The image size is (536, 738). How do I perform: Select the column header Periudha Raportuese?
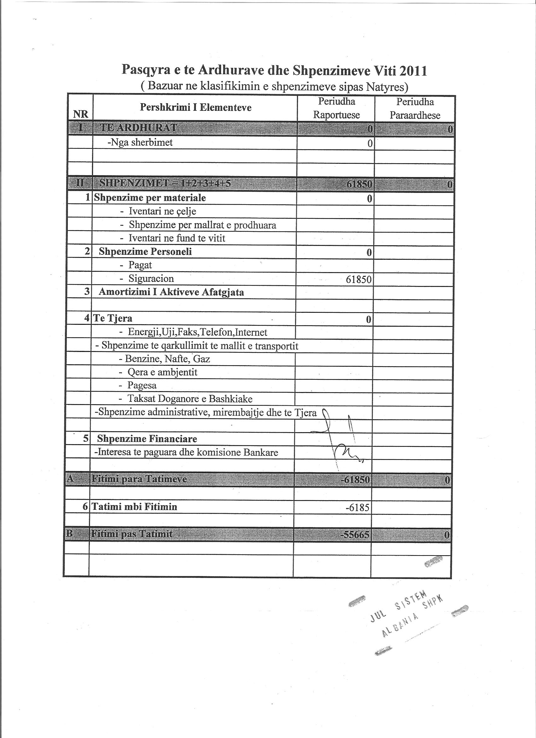point(336,108)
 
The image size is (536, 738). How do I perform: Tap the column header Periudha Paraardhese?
point(415,108)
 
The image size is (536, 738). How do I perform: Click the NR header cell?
point(81,114)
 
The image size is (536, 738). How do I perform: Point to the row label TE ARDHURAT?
point(139,128)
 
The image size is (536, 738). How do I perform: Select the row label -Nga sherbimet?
point(140,143)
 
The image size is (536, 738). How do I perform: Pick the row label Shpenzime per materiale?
point(150,198)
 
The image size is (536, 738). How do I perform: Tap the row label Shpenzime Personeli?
point(145,252)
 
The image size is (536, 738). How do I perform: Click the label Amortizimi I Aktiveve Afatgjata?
point(171,292)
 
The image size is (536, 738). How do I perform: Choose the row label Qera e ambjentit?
point(162,372)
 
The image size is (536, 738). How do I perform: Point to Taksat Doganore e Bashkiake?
point(190,399)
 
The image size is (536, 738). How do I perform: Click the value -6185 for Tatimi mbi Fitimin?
point(358,508)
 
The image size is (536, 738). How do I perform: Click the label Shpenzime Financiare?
point(147,439)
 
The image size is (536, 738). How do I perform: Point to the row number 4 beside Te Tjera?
point(87,318)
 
